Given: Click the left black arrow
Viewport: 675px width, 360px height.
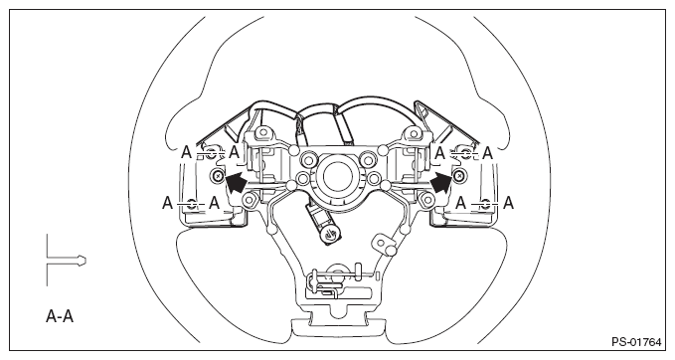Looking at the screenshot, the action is tap(236, 182).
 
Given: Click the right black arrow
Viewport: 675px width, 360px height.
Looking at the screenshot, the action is tap(441, 182).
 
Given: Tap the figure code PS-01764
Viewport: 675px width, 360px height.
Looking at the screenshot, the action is tap(636, 342).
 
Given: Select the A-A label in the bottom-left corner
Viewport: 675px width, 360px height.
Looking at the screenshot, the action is tap(60, 316).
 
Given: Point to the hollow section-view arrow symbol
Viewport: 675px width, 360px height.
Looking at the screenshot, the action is tap(66, 261).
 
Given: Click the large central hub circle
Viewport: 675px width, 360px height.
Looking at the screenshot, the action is tap(338, 177).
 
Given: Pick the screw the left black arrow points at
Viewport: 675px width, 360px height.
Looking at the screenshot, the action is tap(218, 175).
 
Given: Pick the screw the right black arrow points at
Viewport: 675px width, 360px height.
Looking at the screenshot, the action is tap(459, 175).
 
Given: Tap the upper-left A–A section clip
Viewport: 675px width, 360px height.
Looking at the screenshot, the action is tap(211, 153).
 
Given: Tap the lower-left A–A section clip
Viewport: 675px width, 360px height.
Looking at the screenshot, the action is tap(192, 204).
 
